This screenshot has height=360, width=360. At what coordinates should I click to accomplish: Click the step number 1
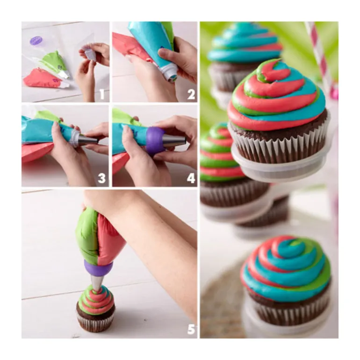(x=102, y=94)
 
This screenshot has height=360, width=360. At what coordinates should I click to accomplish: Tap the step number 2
(x=191, y=94)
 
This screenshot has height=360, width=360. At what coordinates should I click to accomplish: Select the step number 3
(x=102, y=178)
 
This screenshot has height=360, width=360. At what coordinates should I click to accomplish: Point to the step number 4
(x=191, y=178)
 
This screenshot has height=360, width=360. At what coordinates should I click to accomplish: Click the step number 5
(x=192, y=329)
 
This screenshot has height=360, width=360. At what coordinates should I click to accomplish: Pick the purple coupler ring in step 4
(x=155, y=140)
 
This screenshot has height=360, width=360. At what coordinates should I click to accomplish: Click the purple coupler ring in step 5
(x=98, y=268)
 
